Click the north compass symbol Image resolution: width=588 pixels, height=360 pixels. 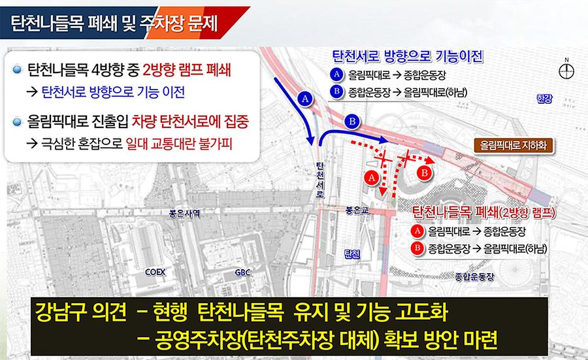coord(566,70)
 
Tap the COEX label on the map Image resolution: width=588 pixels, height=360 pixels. coord(155,272)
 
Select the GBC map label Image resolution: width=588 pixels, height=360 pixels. coord(242,272)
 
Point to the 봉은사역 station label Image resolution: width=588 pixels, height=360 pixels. coord(184,214)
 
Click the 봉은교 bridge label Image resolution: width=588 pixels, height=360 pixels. coord(357,210)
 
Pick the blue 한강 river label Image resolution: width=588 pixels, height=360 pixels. coord(544,99)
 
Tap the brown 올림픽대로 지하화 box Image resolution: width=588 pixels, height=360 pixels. coord(514,145)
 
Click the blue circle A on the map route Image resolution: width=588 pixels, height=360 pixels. coord(305,99)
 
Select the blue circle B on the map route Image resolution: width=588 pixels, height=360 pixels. coord(351,122)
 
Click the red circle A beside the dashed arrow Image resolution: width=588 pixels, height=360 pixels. coord(372,177)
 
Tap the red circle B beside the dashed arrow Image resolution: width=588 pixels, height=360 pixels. coord(425,173)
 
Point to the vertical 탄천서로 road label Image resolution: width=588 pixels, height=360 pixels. coord(320,180)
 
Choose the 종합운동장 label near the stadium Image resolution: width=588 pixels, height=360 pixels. coord(475,277)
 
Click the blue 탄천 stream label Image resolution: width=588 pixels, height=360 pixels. coord(352,255)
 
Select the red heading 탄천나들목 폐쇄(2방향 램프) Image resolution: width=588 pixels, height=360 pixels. coord(483,212)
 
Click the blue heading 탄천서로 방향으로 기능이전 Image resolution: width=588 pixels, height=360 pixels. coord(408,56)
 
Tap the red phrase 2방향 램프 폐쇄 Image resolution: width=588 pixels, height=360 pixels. coord(186,70)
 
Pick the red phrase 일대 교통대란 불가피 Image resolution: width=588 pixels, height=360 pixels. coord(179,144)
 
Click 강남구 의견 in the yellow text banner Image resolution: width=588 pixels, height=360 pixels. coord(81,312)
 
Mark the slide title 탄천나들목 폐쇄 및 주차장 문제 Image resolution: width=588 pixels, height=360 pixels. coord(114,24)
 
